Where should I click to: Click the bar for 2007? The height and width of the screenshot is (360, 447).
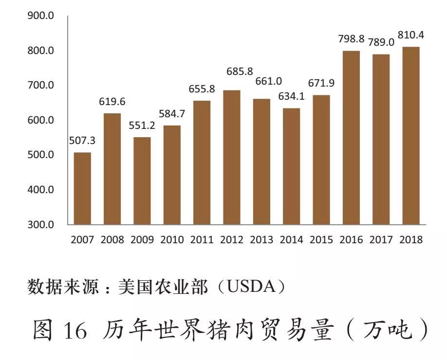(x=82, y=188)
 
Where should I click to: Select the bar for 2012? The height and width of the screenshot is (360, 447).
(x=232, y=157)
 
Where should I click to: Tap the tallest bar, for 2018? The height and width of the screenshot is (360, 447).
(x=411, y=136)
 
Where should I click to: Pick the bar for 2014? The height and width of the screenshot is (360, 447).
(x=292, y=166)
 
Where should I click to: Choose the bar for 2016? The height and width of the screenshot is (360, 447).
(x=352, y=138)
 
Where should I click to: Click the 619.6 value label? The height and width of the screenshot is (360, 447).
(x=112, y=102)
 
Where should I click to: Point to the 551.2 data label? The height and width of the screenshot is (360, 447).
(x=142, y=125)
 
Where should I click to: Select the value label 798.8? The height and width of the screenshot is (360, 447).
(x=352, y=39)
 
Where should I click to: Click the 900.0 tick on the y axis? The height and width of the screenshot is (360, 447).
(x=41, y=16)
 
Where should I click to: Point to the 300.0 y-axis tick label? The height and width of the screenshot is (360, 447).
(x=41, y=225)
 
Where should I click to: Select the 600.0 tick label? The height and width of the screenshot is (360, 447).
(x=41, y=120)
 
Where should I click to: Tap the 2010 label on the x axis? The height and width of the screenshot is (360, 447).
(x=172, y=240)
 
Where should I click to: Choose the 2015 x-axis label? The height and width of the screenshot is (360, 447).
(x=321, y=240)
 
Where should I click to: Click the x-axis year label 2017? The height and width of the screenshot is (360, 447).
(x=381, y=240)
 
